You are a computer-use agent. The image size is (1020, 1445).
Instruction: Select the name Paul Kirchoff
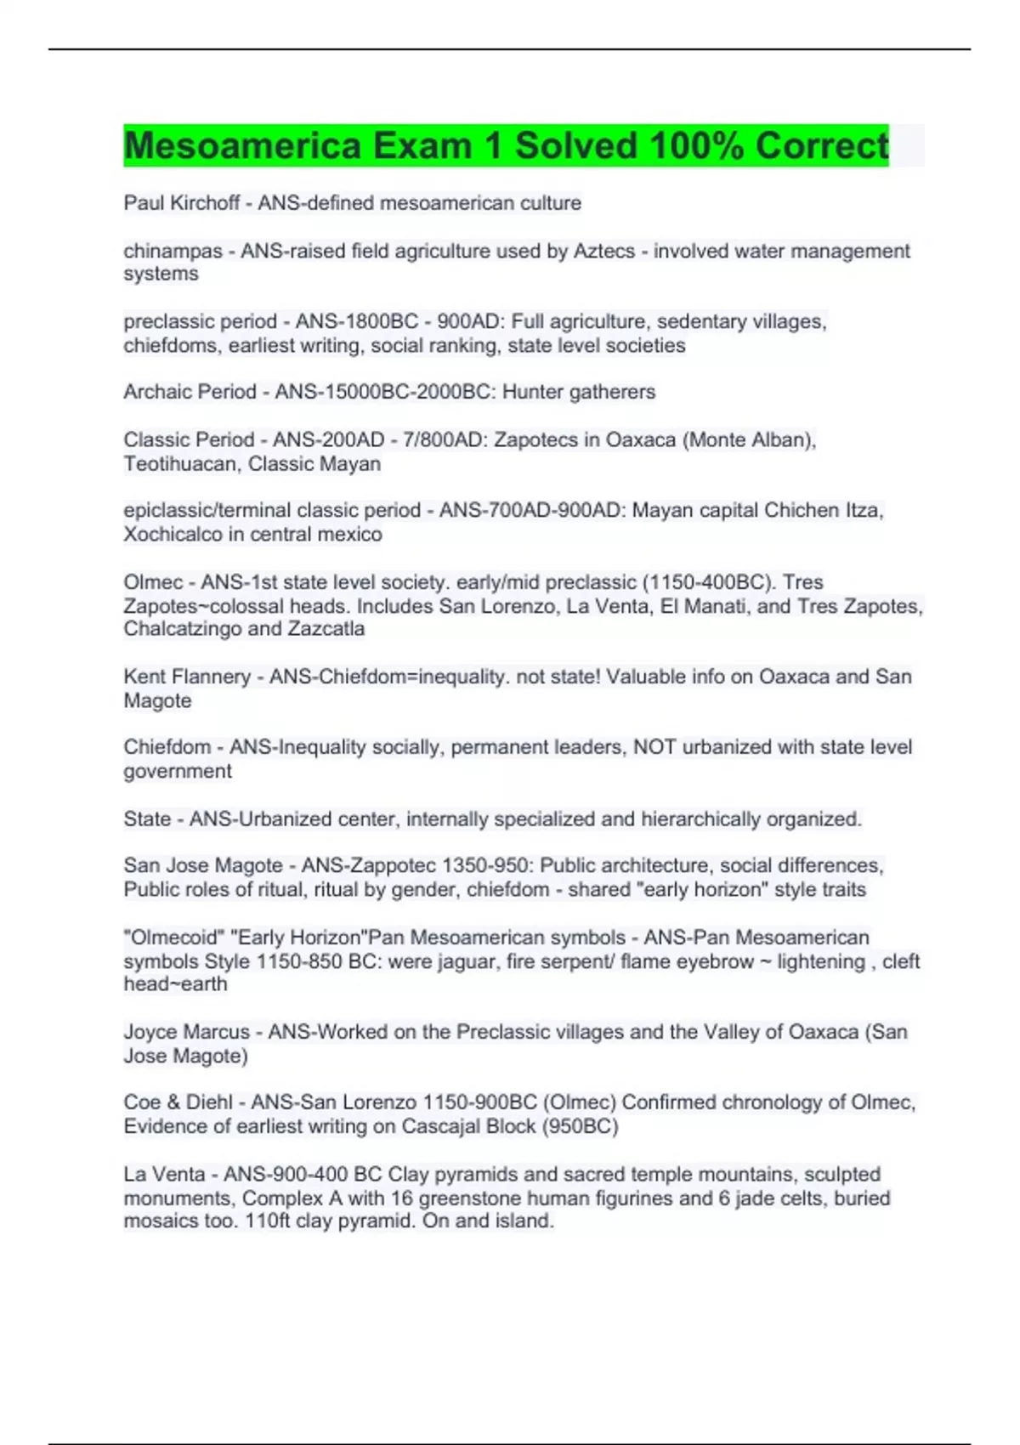pyautogui.click(x=181, y=203)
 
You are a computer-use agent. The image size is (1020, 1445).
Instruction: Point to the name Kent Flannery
pyautogui.click(x=187, y=677)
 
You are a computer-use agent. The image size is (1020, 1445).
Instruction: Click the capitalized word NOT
pyautogui.click(x=654, y=747)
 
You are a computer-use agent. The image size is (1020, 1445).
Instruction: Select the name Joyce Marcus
pyautogui.click(x=186, y=1032)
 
